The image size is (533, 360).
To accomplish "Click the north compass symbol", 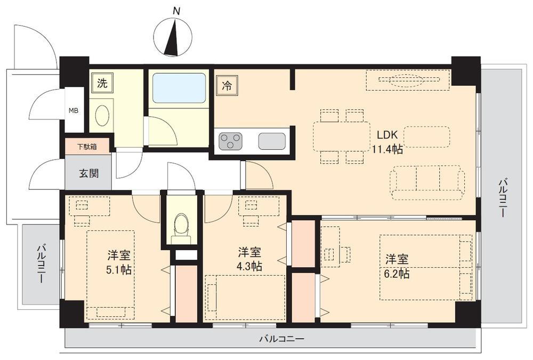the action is (173, 37).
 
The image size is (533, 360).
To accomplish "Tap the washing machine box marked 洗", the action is (102, 83).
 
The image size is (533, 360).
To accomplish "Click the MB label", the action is (74, 111).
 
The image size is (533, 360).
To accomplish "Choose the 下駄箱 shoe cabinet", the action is (87, 146).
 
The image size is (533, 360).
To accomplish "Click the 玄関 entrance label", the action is (89, 173).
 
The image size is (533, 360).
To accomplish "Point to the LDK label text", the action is (387, 134).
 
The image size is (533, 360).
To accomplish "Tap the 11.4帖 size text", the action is (387, 149).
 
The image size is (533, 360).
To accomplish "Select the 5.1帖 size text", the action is (119, 270).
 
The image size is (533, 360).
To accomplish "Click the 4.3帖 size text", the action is (249, 266).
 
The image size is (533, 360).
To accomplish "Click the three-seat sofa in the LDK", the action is (427, 182).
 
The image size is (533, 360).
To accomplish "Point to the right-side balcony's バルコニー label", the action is (502, 197).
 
